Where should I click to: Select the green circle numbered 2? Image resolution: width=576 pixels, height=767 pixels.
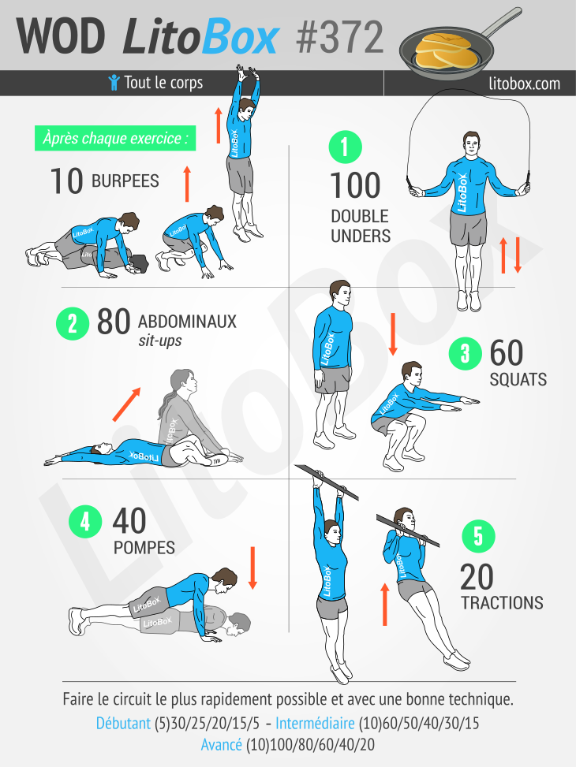[72, 324]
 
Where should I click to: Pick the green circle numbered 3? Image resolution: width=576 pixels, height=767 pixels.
[465, 353]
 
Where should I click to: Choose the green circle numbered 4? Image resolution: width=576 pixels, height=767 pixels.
[85, 521]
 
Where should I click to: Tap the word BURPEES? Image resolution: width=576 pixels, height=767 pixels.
[125, 181]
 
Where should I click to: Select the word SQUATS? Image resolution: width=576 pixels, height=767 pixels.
[518, 379]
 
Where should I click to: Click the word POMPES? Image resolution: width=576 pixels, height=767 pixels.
[144, 547]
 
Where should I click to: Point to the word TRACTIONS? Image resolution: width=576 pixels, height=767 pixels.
[502, 603]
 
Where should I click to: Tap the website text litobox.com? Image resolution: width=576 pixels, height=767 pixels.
[525, 83]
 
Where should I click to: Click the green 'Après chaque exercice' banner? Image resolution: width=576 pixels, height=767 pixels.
[116, 139]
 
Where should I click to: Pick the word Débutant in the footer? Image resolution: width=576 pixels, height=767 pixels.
[123, 723]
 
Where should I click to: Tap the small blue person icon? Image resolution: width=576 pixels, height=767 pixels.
[114, 82]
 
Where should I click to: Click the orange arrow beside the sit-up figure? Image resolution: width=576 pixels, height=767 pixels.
[126, 404]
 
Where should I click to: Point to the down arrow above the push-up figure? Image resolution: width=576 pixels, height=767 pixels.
[252, 568]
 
